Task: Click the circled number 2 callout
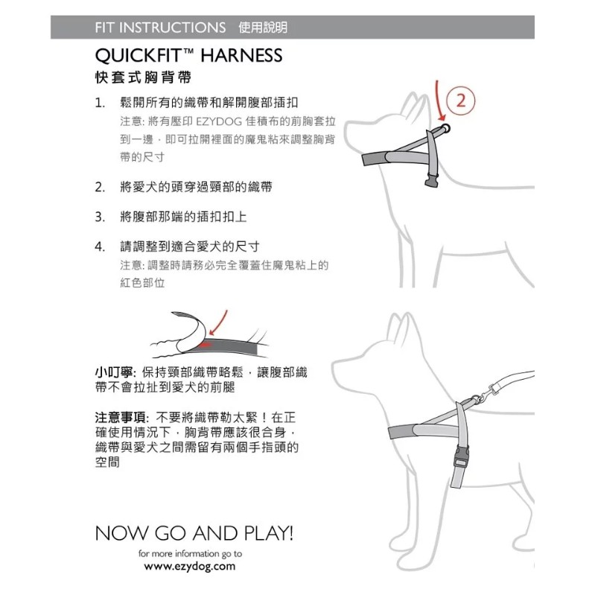(x=461, y=101)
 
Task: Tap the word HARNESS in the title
(x=241, y=56)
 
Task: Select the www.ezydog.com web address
(x=190, y=567)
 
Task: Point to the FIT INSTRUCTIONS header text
(x=160, y=28)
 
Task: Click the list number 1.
(x=100, y=103)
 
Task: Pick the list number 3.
(x=100, y=217)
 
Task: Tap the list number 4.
(x=100, y=247)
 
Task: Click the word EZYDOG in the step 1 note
(x=219, y=121)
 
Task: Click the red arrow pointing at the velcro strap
(x=218, y=322)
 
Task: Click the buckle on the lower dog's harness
(x=461, y=456)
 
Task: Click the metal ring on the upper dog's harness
(x=445, y=127)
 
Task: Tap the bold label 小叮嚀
(x=114, y=372)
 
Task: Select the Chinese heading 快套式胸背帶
(x=143, y=77)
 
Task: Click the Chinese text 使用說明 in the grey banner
(x=263, y=28)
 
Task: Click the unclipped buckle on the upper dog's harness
(x=432, y=179)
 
